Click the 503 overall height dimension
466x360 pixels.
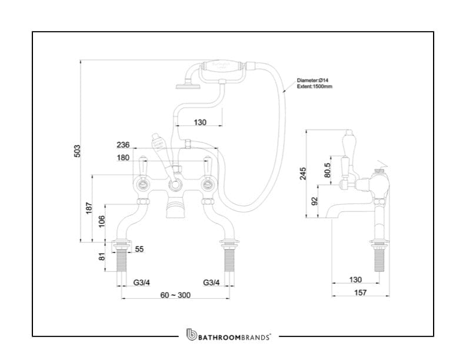tap(76, 151)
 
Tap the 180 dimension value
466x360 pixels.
tap(123, 157)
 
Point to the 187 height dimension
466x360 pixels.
tap(89, 208)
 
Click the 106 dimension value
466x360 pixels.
tap(101, 222)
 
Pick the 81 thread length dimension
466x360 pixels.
tap(101, 256)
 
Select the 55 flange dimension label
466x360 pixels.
tap(139, 249)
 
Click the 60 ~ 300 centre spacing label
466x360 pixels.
tap(175, 295)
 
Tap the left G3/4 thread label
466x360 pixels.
tap(141, 283)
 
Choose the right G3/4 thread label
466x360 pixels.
tap(211, 283)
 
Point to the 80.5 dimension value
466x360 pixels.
tap(328, 171)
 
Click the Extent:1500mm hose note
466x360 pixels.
tap(315, 86)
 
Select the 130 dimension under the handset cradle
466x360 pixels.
tap(200, 122)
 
